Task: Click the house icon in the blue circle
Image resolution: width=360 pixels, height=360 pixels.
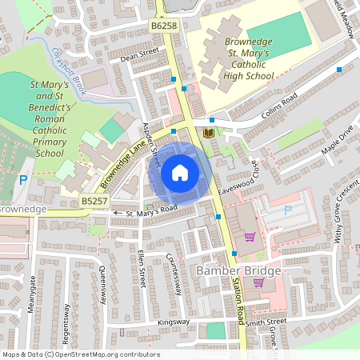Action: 180,173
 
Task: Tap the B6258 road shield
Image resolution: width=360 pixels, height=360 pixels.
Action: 163,26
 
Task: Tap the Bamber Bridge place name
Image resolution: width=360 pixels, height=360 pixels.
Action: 238,271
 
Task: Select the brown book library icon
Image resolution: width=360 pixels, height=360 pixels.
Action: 209,132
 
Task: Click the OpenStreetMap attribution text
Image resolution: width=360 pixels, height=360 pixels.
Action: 80,354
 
